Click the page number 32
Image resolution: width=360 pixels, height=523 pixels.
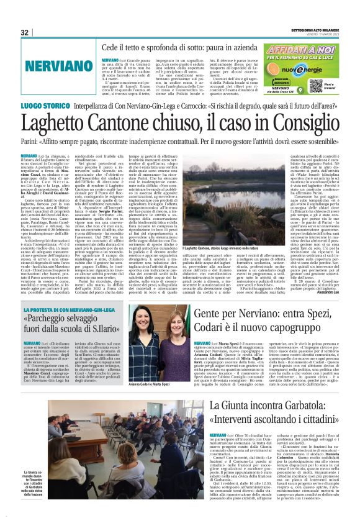(24, 32)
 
